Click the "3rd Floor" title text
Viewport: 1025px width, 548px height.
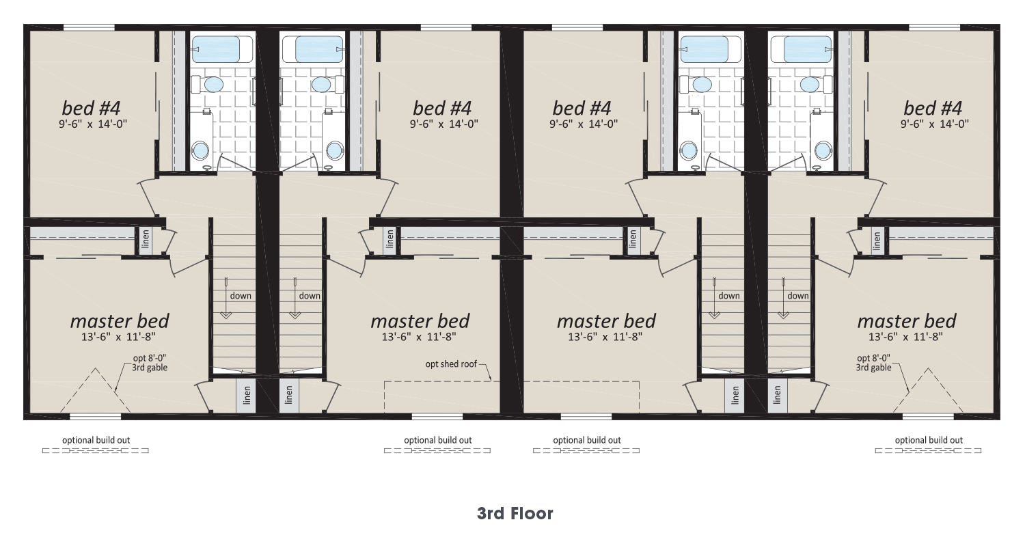tap(515, 514)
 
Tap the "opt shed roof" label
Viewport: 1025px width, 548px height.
tap(451, 364)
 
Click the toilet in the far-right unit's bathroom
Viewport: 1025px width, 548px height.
tap(815, 84)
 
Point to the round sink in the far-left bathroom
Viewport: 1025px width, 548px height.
tap(200, 150)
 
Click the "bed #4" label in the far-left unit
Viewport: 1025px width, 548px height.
tap(91, 109)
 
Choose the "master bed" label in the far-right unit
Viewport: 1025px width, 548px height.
tap(907, 321)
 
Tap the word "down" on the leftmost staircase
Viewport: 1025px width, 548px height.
tap(241, 295)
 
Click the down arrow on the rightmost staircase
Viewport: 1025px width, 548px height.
tap(783, 298)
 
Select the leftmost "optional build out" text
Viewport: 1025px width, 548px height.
tap(96, 440)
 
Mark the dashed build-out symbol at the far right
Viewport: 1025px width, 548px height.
tap(928, 450)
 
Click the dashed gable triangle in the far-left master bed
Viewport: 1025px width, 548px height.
tap(95, 389)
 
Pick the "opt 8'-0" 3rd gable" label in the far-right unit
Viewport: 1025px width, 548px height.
tap(873, 363)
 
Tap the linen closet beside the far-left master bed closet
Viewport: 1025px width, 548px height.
tap(146, 238)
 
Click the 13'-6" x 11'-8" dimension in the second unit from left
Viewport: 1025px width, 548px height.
tap(419, 337)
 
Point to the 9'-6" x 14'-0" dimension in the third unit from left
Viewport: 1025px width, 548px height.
tap(584, 124)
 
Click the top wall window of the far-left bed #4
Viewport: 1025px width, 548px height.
tap(89, 28)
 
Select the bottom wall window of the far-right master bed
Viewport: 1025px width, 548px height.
tap(928, 417)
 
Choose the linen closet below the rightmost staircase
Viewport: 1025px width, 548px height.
tap(778, 395)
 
